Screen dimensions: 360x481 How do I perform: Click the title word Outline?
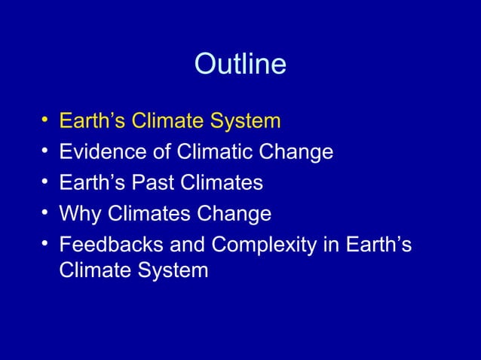[x=240, y=64]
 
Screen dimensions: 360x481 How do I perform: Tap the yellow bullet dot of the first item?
[x=45, y=121]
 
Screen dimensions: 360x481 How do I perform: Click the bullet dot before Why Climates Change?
[x=45, y=214]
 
